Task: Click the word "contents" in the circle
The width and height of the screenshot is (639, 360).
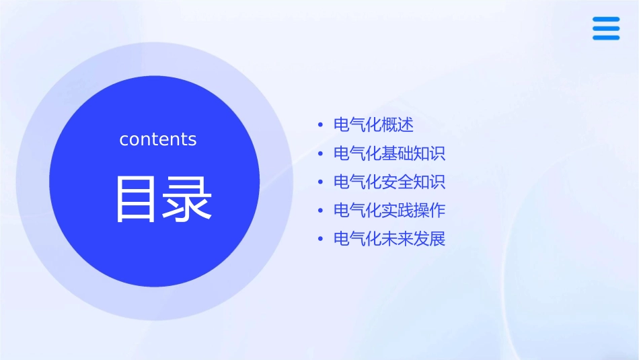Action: pyautogui.click(x=158, y=139)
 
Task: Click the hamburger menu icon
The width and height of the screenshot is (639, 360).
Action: pyautogui.click(x=605, y=28)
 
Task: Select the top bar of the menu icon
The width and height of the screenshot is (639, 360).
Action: pyautogui.click(x=605, y=20)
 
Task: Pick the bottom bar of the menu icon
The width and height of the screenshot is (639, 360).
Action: pyautogui.click(x=605, y=38)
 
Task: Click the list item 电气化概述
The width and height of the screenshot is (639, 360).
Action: pyautogui.click(x=373, y=125)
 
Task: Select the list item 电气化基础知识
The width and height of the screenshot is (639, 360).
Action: pyautogui.click(x=389, y=153)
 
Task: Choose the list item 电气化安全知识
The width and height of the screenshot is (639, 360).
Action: pyautogui.click(x=389, y=182)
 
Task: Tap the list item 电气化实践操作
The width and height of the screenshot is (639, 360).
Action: pyautogui.click(x=389, y=211)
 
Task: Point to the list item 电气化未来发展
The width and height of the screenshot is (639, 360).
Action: pyautogui.click(x=389, y=239)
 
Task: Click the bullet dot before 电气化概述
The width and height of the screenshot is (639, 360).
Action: pyautogui.click(x=320, y=126)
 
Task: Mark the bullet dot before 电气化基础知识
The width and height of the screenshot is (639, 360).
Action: pyautogui.click(x=320, y=154)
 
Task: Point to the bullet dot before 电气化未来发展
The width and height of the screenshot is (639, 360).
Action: pyautogui.click(x=320, y=240)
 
